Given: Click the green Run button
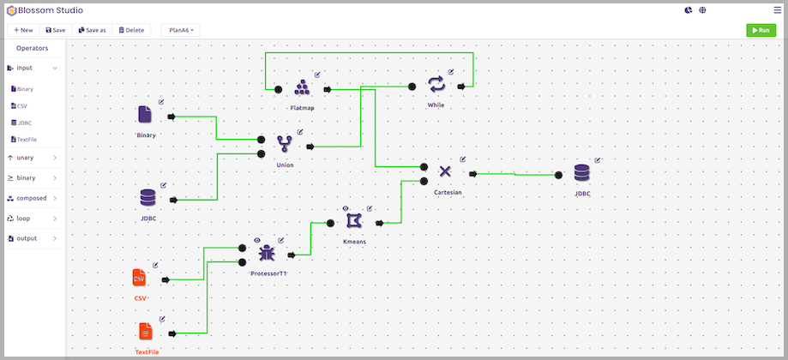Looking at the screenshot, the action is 761,30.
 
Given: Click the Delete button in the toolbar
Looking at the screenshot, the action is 131,30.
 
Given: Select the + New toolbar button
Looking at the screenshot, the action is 24,30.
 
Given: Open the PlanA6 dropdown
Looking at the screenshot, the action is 181,30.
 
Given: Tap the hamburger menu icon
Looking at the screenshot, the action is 778,10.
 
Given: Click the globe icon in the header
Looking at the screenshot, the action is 702,10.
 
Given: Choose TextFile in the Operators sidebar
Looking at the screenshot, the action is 24,140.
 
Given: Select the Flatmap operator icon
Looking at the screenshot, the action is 302,88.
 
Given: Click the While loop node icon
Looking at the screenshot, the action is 436,84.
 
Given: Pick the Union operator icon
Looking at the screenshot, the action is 285,145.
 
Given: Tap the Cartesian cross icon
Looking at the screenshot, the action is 445,171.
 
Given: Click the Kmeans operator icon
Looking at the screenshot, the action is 354,220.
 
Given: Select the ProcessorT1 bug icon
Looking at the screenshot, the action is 267,253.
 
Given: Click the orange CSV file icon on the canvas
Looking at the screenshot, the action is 139,278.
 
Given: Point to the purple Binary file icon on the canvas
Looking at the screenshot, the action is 145,114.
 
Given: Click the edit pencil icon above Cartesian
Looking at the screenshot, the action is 463,159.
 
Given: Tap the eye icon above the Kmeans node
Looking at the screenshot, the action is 346,208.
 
